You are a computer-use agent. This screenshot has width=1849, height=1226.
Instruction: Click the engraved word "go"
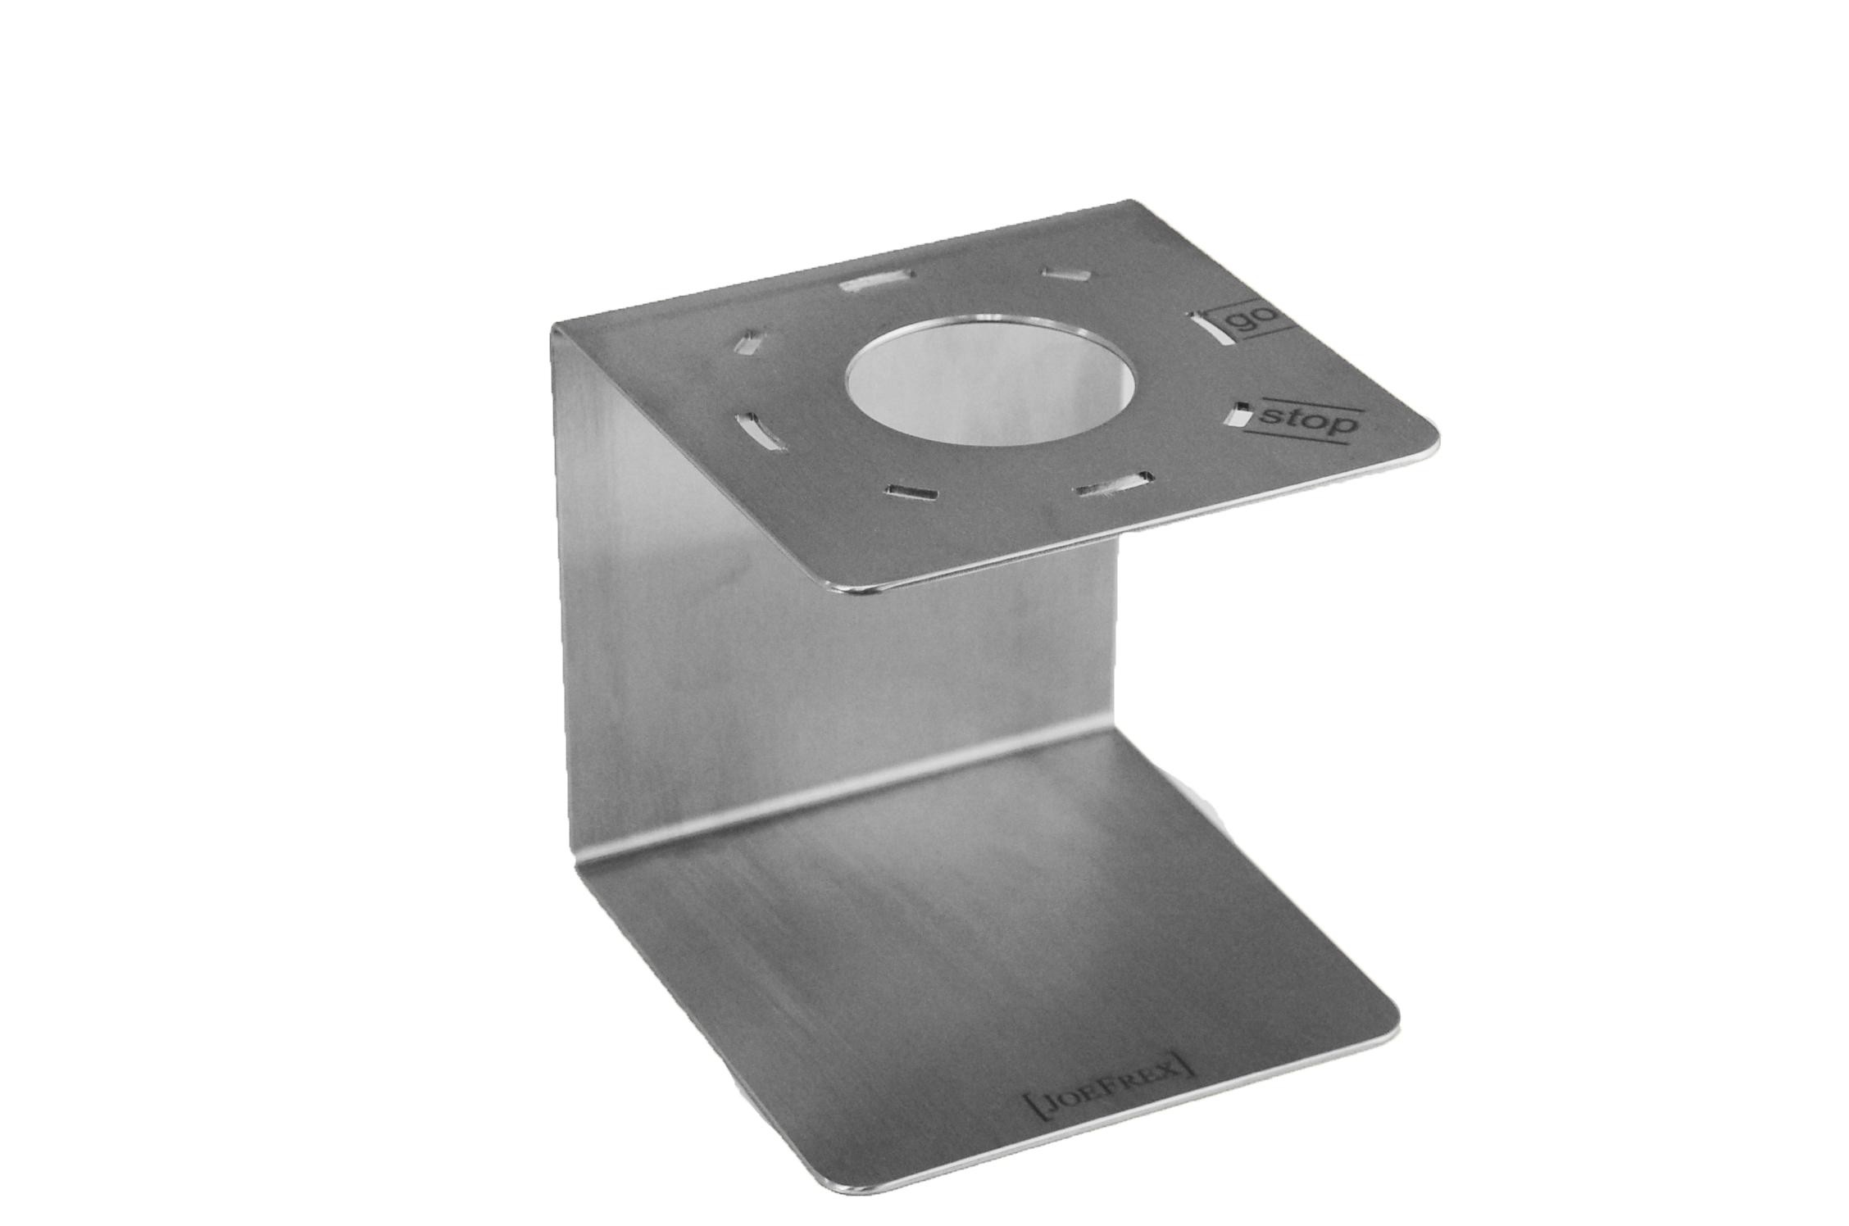(1256, 321)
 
